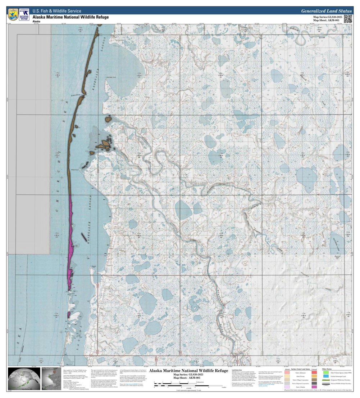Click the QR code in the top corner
[348, 19]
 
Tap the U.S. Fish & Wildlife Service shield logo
[13, 14]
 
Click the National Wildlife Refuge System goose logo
[24, 14]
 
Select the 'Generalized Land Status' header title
[326, 11]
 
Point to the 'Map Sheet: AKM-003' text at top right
[326, 20]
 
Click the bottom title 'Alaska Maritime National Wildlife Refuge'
[188, 371]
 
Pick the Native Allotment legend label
[300, 373]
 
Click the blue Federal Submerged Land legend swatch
[326, 376]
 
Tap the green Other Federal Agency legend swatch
[326, 372]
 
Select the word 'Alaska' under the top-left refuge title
[36, 22]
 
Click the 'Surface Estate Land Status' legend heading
[300, 369]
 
